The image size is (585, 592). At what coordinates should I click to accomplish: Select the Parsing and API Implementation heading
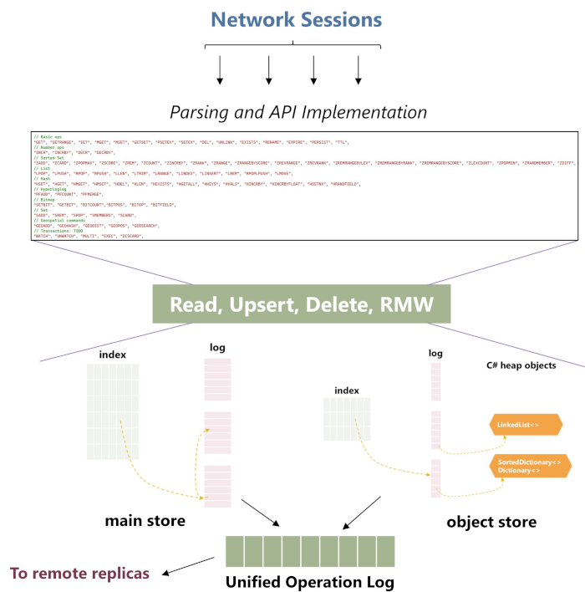click(298, 112)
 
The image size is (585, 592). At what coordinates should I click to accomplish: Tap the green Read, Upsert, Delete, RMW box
click(302, 304)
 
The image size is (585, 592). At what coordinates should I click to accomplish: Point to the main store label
click(145, 521)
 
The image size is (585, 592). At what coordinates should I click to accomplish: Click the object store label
click(491, 522)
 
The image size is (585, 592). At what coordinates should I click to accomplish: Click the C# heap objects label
click(532, 365)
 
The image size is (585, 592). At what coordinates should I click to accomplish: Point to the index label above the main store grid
click(113, 355)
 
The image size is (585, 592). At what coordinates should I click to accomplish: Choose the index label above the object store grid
click(347, 390)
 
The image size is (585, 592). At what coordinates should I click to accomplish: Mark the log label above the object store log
click(435, 354)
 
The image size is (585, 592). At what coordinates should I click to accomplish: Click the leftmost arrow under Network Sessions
click(220, 70)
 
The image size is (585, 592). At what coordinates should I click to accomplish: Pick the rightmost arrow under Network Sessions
click(358, 70)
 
